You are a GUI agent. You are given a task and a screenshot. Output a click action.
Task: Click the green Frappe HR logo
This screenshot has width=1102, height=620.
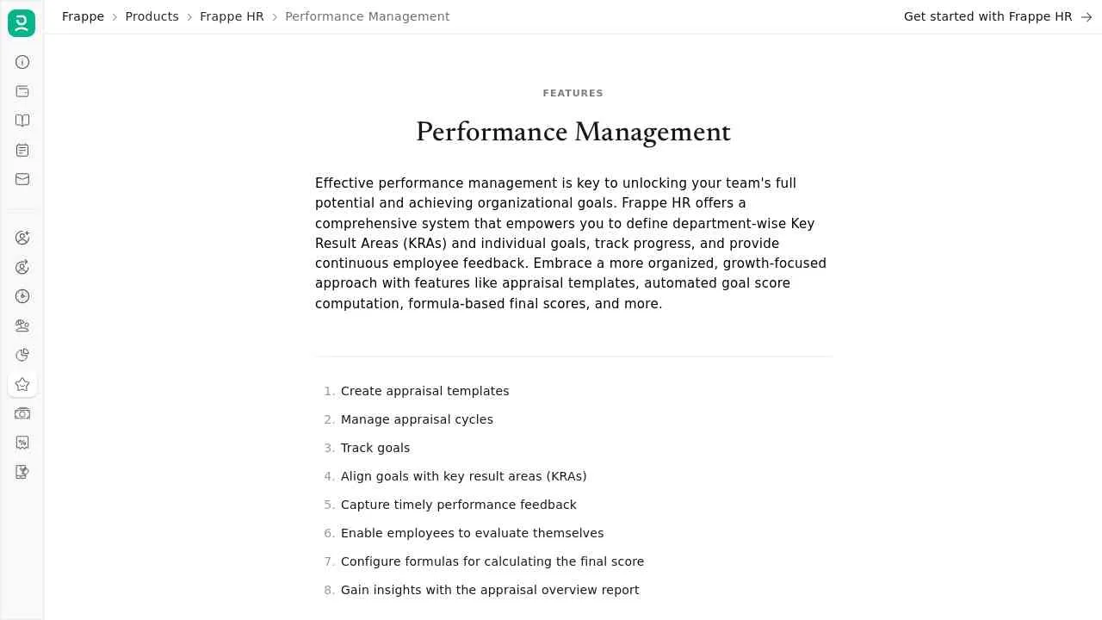point(22,23)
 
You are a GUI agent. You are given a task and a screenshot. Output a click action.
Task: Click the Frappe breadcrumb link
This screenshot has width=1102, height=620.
point(83,16)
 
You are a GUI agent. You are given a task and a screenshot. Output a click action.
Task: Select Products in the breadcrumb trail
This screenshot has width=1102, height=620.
point(152,16)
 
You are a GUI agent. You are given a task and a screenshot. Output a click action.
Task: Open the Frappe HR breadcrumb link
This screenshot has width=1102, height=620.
point(232,16)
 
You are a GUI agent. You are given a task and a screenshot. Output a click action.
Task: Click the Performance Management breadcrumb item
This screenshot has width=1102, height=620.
point(367,16)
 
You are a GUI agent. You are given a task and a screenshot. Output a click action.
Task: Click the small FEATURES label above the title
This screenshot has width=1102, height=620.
point(573,93)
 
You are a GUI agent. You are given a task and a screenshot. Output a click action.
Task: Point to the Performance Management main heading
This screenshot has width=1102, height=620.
point(573,132)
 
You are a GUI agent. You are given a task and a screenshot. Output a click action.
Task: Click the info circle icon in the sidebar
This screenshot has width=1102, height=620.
point(22,62)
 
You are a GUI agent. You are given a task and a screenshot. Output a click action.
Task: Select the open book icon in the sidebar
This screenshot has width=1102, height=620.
point(22,121)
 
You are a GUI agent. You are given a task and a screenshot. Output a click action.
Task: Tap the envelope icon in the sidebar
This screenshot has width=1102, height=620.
point(22,179)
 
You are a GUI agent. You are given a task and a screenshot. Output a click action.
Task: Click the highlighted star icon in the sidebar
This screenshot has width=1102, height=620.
point(22,384)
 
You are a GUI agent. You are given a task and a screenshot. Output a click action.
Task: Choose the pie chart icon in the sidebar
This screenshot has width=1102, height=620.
point(22,355)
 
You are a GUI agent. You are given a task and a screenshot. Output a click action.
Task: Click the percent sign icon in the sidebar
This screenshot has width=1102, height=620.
point(22,443)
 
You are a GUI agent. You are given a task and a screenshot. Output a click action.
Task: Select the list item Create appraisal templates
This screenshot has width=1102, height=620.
point(424,391)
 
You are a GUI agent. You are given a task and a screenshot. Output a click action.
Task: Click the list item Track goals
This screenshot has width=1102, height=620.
point(375,448)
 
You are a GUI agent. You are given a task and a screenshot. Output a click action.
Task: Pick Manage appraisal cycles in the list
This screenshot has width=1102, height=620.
point(417,419)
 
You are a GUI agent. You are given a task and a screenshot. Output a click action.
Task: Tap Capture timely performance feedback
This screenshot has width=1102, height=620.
point(458,505)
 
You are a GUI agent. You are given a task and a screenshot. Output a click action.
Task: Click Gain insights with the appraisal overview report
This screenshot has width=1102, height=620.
point(490,590)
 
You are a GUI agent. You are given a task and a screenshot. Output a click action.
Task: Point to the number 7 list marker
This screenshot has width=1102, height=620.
point(329,561)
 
